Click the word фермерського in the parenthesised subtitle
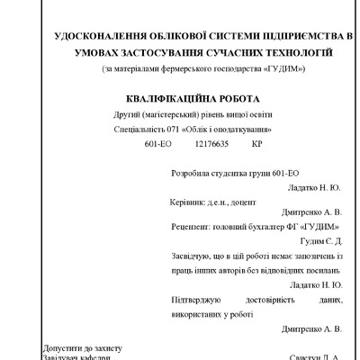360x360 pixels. [176, 68]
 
